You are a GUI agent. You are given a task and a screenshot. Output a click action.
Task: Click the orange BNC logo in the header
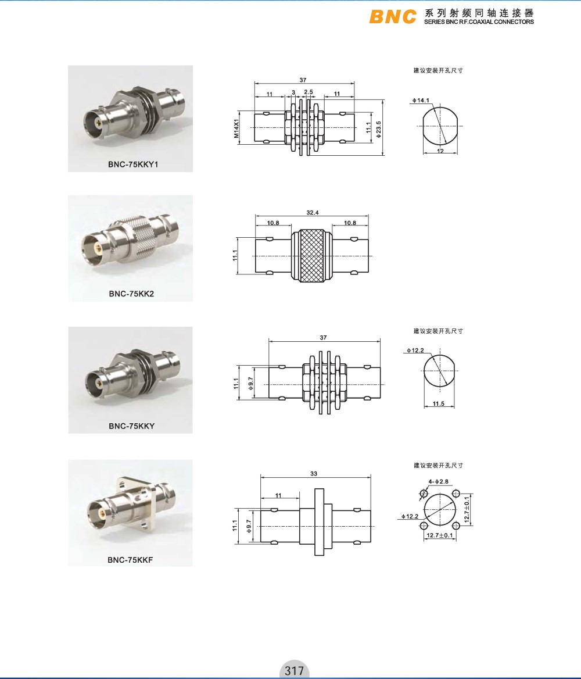(393, 17)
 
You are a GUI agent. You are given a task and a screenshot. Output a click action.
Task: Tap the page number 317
(294, 671)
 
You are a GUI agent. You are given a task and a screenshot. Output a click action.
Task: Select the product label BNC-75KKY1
(134, 164)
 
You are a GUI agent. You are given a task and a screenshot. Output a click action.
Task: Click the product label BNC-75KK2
(131, 294)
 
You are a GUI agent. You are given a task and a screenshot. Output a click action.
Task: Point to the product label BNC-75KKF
(130, 560)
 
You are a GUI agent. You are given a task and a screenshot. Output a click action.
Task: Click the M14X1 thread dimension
(236, 128)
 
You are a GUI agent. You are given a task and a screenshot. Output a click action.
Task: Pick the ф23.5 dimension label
(378, 130)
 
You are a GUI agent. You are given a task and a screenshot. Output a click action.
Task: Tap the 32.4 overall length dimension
(312, 213)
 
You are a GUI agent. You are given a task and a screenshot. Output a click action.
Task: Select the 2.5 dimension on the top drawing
(309, 92)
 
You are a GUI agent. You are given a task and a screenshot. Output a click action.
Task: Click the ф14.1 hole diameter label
(421, 101)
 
